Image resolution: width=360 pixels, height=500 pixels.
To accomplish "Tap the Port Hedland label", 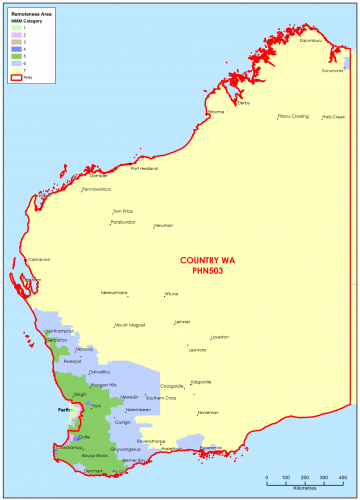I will click(147, 168).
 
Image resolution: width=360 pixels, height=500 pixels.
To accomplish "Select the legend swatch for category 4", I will click(14, 48).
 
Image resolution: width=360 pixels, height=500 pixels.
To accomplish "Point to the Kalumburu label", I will click(312, 41).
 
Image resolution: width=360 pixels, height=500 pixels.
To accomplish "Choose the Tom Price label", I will click(123, 211).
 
